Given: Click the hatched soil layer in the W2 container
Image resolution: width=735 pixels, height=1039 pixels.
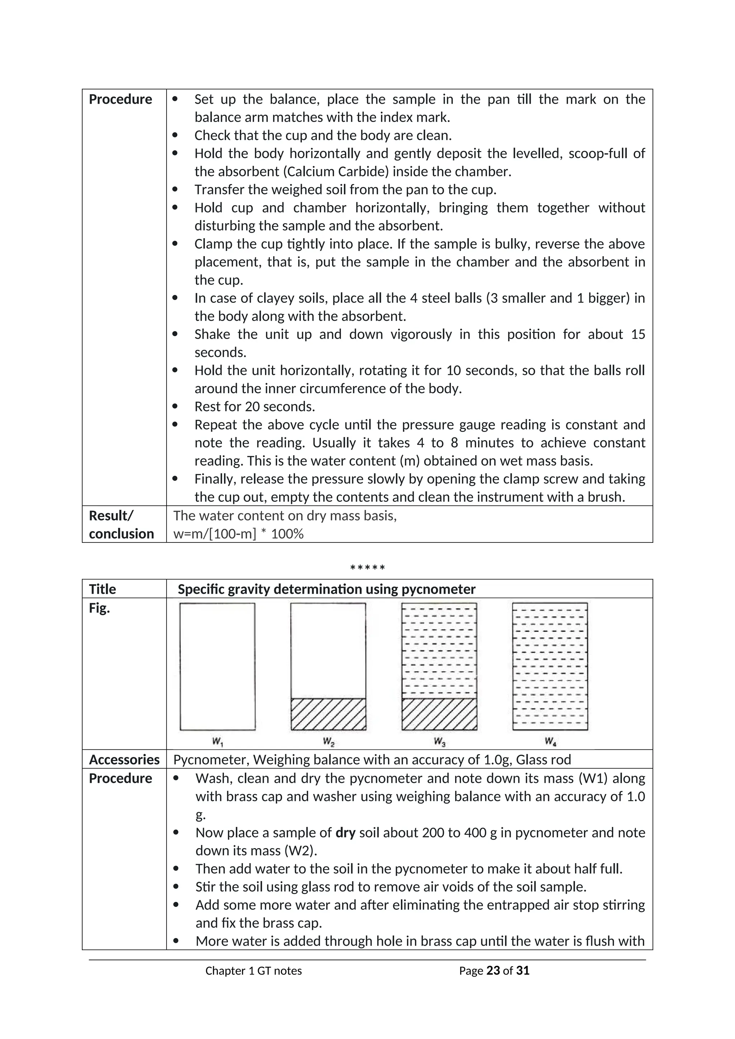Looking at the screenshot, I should tap(328, 714).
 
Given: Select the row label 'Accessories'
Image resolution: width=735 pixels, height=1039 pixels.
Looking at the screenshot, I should tap(124, 760).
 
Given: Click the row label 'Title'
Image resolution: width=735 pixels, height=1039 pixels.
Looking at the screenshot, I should tap(102, 589).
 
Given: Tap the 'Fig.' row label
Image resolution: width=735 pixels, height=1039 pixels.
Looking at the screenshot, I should tap(99, 608).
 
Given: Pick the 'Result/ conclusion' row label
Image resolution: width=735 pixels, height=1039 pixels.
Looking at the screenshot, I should tap(121, 525).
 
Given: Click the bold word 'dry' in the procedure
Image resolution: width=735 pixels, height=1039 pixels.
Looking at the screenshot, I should tap(345, 833).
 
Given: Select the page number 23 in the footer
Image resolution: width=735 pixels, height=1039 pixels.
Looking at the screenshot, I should tap(493, 971).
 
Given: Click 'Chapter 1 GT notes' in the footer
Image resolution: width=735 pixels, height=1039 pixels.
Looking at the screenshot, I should tap(253, 971).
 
